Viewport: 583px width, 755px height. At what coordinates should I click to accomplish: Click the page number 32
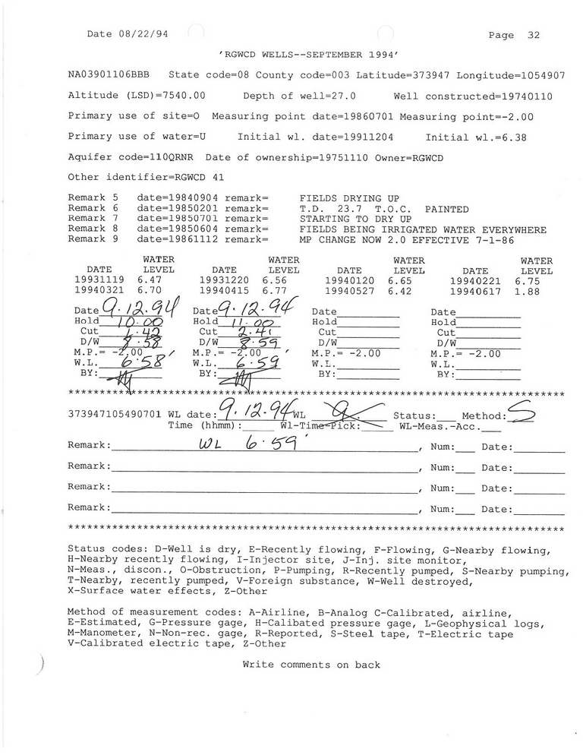coord(533,35)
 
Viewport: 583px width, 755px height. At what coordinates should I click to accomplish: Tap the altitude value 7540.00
coord(181,96)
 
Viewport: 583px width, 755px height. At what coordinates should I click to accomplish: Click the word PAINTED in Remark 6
coord(446,209)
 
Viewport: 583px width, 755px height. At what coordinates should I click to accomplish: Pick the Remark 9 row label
coord(93,238)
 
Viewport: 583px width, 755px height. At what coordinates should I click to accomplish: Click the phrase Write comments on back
coord(311,665)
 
